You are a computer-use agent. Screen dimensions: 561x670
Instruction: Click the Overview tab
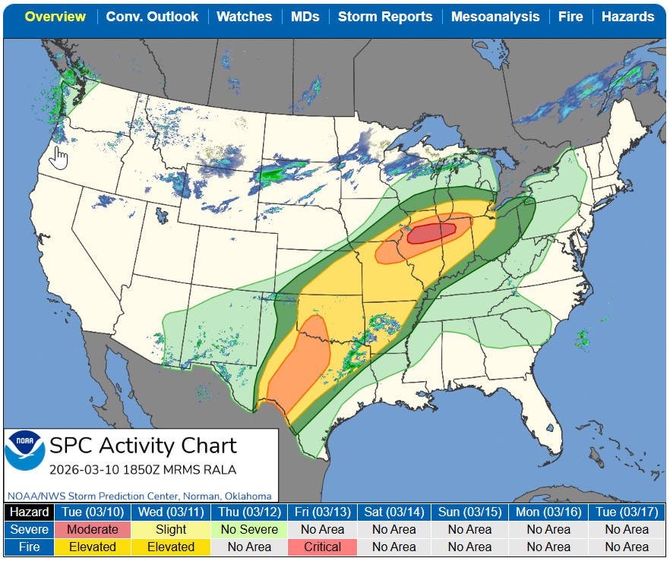(55, 17)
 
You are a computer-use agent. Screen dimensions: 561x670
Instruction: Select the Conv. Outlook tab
(152, 17)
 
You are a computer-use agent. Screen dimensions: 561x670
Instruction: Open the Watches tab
(244, 17)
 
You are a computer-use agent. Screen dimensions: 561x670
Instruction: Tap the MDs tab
(305, 17)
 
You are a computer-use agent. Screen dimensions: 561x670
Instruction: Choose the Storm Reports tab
(385, 17)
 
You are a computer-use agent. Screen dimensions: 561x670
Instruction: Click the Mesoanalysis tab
(495, 17)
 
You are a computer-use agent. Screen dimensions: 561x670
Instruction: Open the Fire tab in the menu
(570, 17)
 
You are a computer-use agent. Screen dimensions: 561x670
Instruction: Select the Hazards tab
(627, 17)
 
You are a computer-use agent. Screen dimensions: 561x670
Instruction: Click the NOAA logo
(25, 449)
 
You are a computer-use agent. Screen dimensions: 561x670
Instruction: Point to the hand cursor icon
(59, 158)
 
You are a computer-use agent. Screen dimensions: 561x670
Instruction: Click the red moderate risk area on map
(431, 232)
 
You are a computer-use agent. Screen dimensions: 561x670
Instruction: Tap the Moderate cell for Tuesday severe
(93, 530)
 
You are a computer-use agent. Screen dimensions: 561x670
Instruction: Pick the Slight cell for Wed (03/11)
(171, 530)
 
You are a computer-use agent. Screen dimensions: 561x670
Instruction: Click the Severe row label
(30, 530)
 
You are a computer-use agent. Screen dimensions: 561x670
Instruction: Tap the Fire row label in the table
(30, 547)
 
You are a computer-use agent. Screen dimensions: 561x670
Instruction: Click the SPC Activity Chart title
(143, 446)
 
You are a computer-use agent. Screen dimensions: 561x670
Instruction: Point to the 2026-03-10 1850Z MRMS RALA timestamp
(143, 469)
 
